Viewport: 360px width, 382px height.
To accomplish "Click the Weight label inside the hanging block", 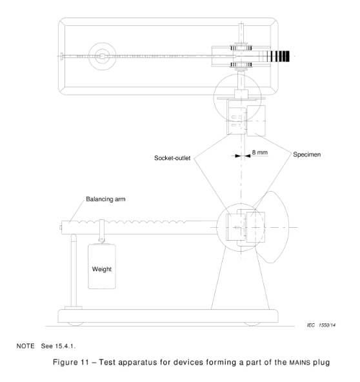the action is (x=102, y=269).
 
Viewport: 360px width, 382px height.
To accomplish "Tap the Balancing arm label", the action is (x=106, y=199).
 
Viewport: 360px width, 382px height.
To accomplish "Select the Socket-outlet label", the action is (x=172, y=158).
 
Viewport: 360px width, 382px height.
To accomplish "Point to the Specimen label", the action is (x=306, y=154).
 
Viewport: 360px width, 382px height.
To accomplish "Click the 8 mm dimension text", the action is (x=259, y=152).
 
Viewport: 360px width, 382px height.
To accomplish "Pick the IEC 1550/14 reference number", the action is (x=321, y=325).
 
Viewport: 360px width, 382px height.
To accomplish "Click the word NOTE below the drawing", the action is (x=26, y=346).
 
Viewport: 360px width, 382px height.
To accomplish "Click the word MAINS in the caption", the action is (x=300, y=363).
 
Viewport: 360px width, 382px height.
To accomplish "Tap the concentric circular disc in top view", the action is (x=103, y=56).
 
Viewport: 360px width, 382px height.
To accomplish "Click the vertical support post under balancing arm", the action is (x=74, y=270).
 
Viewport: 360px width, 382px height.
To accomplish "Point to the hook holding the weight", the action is (x=102, y=231).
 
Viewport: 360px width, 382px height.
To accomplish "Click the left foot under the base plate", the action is (x=75, y=324).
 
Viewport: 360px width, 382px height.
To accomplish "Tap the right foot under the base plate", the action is (x=252, y=324).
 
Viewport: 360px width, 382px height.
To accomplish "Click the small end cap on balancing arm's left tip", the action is (x=61, y=228).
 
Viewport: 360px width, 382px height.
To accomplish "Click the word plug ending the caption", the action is (x=321, y=363).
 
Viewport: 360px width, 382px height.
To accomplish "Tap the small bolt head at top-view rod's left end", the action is (x=62, y=56).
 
